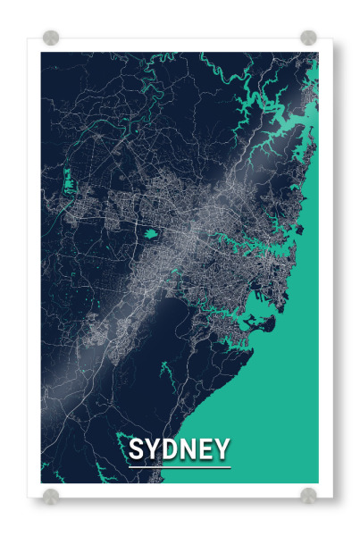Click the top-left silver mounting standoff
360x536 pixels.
(51, 38)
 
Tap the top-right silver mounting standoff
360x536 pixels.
(308, 38)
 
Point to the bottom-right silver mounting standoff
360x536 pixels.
(308, 495)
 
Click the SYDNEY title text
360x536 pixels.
(179, 449)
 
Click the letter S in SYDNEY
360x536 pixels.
(137, 449)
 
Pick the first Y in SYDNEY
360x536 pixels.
(153, 449)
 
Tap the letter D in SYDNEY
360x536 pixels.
(170, 449)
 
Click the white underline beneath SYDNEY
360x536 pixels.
(179, 466)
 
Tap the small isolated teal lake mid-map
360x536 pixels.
(150, 234)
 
